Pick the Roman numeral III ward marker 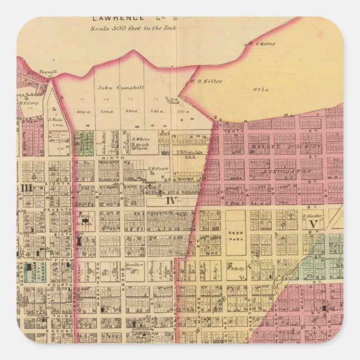click(x=26, y=187)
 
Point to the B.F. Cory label click(x=28, y=102)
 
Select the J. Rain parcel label click(x=55, y=120)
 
